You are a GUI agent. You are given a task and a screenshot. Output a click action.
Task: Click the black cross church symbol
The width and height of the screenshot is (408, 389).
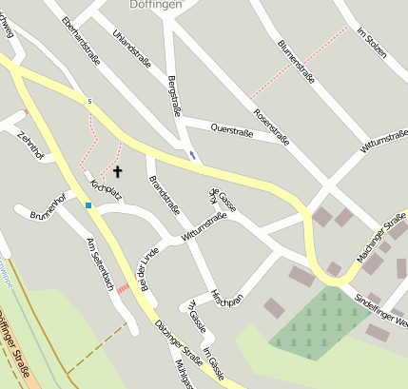118,172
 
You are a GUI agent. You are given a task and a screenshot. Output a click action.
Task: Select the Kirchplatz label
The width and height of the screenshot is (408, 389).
106,190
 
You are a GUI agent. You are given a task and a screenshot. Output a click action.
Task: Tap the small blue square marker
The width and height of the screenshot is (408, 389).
88,204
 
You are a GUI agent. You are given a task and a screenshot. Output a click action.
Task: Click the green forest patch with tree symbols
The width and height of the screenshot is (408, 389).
313,323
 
